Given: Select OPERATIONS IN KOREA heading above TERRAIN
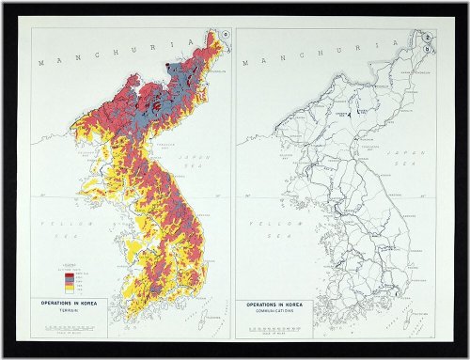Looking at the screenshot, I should click(82, 305).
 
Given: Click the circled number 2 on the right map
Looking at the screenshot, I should click(428, 35).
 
